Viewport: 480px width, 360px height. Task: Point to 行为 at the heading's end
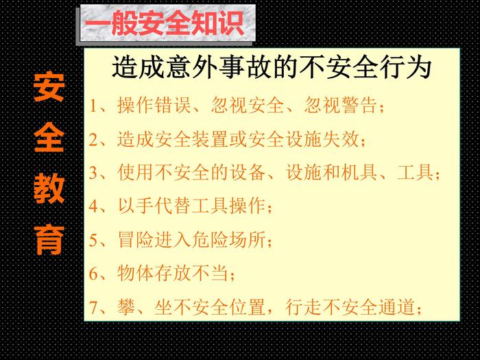pyautogui.click(x=406, y=67)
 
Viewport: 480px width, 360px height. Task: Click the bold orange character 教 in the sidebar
pyautogui.click(x=49, y=189)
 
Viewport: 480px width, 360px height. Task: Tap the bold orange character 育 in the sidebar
pyautogui.click(x=49, y=240)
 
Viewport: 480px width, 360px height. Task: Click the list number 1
pyautogui.click(x=93, y=106)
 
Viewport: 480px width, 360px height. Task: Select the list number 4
pyautogui.click(x=93, y=206)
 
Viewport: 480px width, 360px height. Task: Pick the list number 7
pyautogui.click(x=93, y=307)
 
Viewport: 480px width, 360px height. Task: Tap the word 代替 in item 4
pyautogui.click(x=172, y=206)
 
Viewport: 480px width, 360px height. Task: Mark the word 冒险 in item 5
pyautogui.click(x=135, y=239)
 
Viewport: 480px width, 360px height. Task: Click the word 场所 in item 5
pyautogui.click(x=248, y=239)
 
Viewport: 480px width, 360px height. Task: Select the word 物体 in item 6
pyautogui.click(x=135, y=273)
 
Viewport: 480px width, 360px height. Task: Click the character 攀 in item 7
pyautogui.click(x=126, y=307)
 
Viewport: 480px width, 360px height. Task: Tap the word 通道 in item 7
pyautogui.click(x=397, y=307)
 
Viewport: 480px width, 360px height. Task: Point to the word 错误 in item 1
pyautogui.click(x=172, y=106)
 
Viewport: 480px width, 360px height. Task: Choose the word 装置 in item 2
pyautogui.click(x=210, y=139)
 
